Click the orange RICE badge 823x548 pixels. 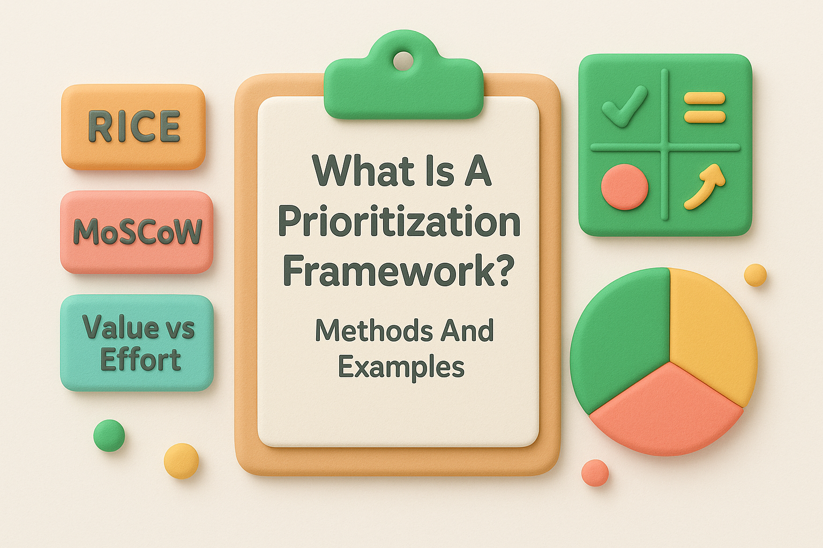point(133,127)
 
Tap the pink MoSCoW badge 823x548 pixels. point(137,232)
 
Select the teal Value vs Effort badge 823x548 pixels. point(137,342)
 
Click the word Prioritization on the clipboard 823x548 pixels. point(399,222)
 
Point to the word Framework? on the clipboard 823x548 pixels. point(399,271)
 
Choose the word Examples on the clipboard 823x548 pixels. point(401,367)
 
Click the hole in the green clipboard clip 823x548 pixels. point(403,60)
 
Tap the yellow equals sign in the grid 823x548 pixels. point(705,107)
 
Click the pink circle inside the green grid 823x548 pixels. point(624,187)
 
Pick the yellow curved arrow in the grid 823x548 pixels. point(705,186)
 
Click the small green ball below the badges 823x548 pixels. point(109,435)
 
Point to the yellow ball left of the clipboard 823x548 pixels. point(181,460)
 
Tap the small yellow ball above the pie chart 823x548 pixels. point(755,275)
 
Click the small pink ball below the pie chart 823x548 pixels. point(595,473)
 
